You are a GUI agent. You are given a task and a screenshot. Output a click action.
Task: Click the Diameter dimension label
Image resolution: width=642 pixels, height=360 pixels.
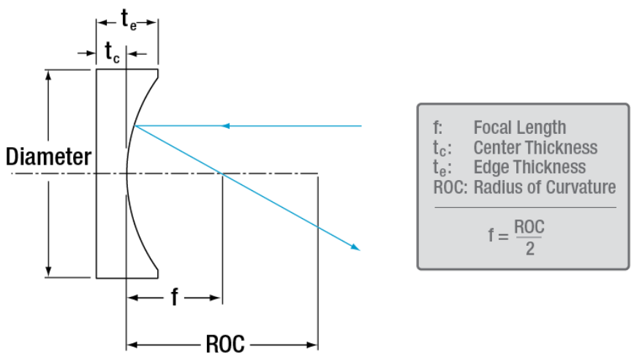[x=48, y=157]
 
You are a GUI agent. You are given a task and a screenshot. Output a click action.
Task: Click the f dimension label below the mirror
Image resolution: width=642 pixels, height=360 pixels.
[x=174, y=297]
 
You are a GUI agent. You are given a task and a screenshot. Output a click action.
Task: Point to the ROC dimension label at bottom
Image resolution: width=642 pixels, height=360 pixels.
[x=224, y=344]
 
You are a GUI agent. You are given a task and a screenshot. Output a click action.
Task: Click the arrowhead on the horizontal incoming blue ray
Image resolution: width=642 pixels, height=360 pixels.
[x=227, y=126]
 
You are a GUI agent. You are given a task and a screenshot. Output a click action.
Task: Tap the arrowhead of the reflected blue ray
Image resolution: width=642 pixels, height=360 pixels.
[x=356, y=247]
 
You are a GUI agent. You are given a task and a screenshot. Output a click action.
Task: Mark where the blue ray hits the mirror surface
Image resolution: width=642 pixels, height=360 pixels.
[x=135, y=126]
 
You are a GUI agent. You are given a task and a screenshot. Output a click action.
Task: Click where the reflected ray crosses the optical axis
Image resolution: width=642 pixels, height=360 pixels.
[x=220, y=173]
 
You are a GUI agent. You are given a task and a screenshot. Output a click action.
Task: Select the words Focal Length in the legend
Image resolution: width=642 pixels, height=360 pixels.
[x=519, y=127]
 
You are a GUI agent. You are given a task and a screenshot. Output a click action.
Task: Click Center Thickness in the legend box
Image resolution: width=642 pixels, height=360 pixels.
[x=535, y=147]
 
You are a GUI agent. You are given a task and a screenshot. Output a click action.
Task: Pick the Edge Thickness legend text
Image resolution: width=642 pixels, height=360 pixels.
[x=529, y=167]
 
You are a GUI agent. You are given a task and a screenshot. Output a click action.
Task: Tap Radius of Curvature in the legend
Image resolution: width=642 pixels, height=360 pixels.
[x=545, y=187]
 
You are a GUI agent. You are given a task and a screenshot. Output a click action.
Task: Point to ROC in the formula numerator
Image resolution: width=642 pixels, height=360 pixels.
[x=529, y=227]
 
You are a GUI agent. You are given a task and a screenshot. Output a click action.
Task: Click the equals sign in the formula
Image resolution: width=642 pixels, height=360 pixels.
[x=503, y=236]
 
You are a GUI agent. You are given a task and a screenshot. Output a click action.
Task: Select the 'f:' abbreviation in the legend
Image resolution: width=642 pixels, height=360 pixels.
[x=437, y=127]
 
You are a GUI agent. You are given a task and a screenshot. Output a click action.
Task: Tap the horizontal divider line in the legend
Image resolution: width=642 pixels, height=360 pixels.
[x=524, y=207]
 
